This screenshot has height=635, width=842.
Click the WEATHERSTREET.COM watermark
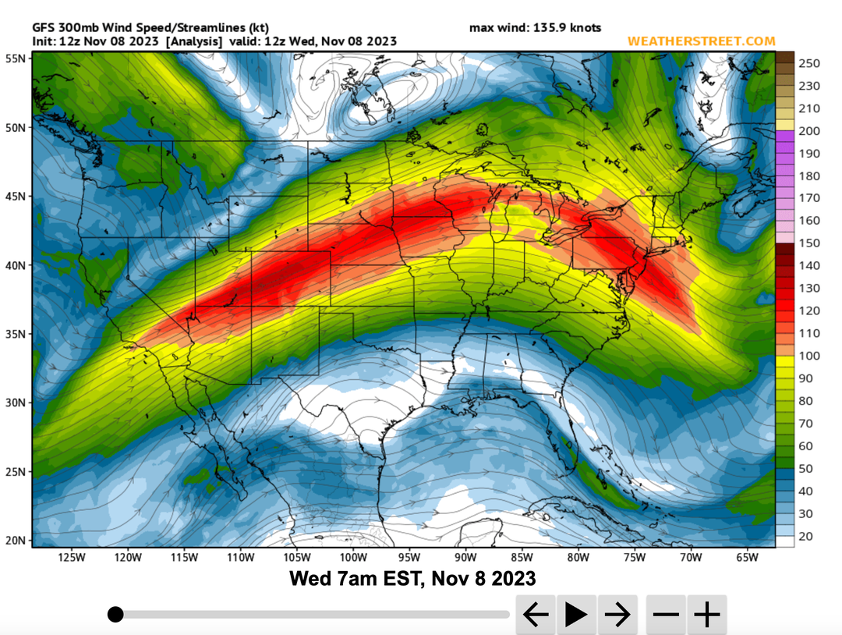click(x=701, y=41)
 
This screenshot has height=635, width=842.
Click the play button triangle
click(x=576, y=615)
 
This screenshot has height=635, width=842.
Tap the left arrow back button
click(x=535, y=615)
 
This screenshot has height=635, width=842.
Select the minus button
click(x=666, y=615)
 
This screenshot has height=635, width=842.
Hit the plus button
click(x=707, y=615)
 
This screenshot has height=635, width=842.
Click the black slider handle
click(x=115, y=615)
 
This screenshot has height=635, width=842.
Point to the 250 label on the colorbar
click(x=809, y=63)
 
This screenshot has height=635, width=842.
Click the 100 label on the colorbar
click(x=809, y=356)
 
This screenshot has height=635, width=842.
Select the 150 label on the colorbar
click(x=809, y=243)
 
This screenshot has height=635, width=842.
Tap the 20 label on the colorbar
click(x=806, y=536)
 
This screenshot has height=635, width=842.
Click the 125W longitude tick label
click(x=71, y=558)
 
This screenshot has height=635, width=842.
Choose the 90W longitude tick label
click(x=465, y=558)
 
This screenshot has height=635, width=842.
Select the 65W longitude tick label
click(x=747, y=558)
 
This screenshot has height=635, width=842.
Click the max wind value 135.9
click(x=550, y=28)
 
